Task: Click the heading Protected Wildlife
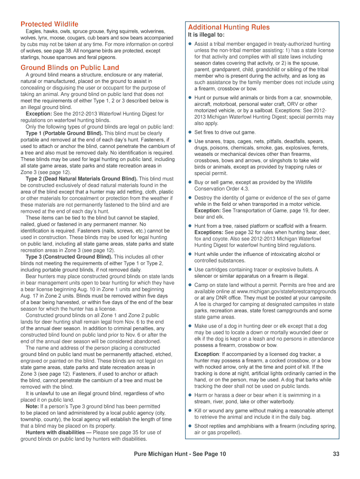pyautogui.click(x=49, y=24)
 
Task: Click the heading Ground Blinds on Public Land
pyautogui.click(x=70, y=67)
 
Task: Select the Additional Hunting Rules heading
pyautogui.click(x=229, y=27)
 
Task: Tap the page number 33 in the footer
pyautogui.click(x=336, y=454)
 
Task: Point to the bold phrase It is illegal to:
pyautogui.click(x=206, y=35)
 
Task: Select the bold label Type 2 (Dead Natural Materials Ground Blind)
pyautogui.click(x=81, y=179)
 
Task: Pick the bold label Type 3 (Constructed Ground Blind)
pyautogui.click(x=69, y=257)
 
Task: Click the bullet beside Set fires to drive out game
pyautogui.click(x=190, y=132)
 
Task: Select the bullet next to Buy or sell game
pyautogui.click(x=190, y=182)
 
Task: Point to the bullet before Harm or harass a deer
pyautogui.click(x=190, y=395)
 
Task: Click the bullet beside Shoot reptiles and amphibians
pyautogui.click(x=190, y=426)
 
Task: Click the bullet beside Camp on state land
pyautogui.click(x=190, y=285)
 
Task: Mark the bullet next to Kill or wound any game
pyautogui.click(x=190, y=411)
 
